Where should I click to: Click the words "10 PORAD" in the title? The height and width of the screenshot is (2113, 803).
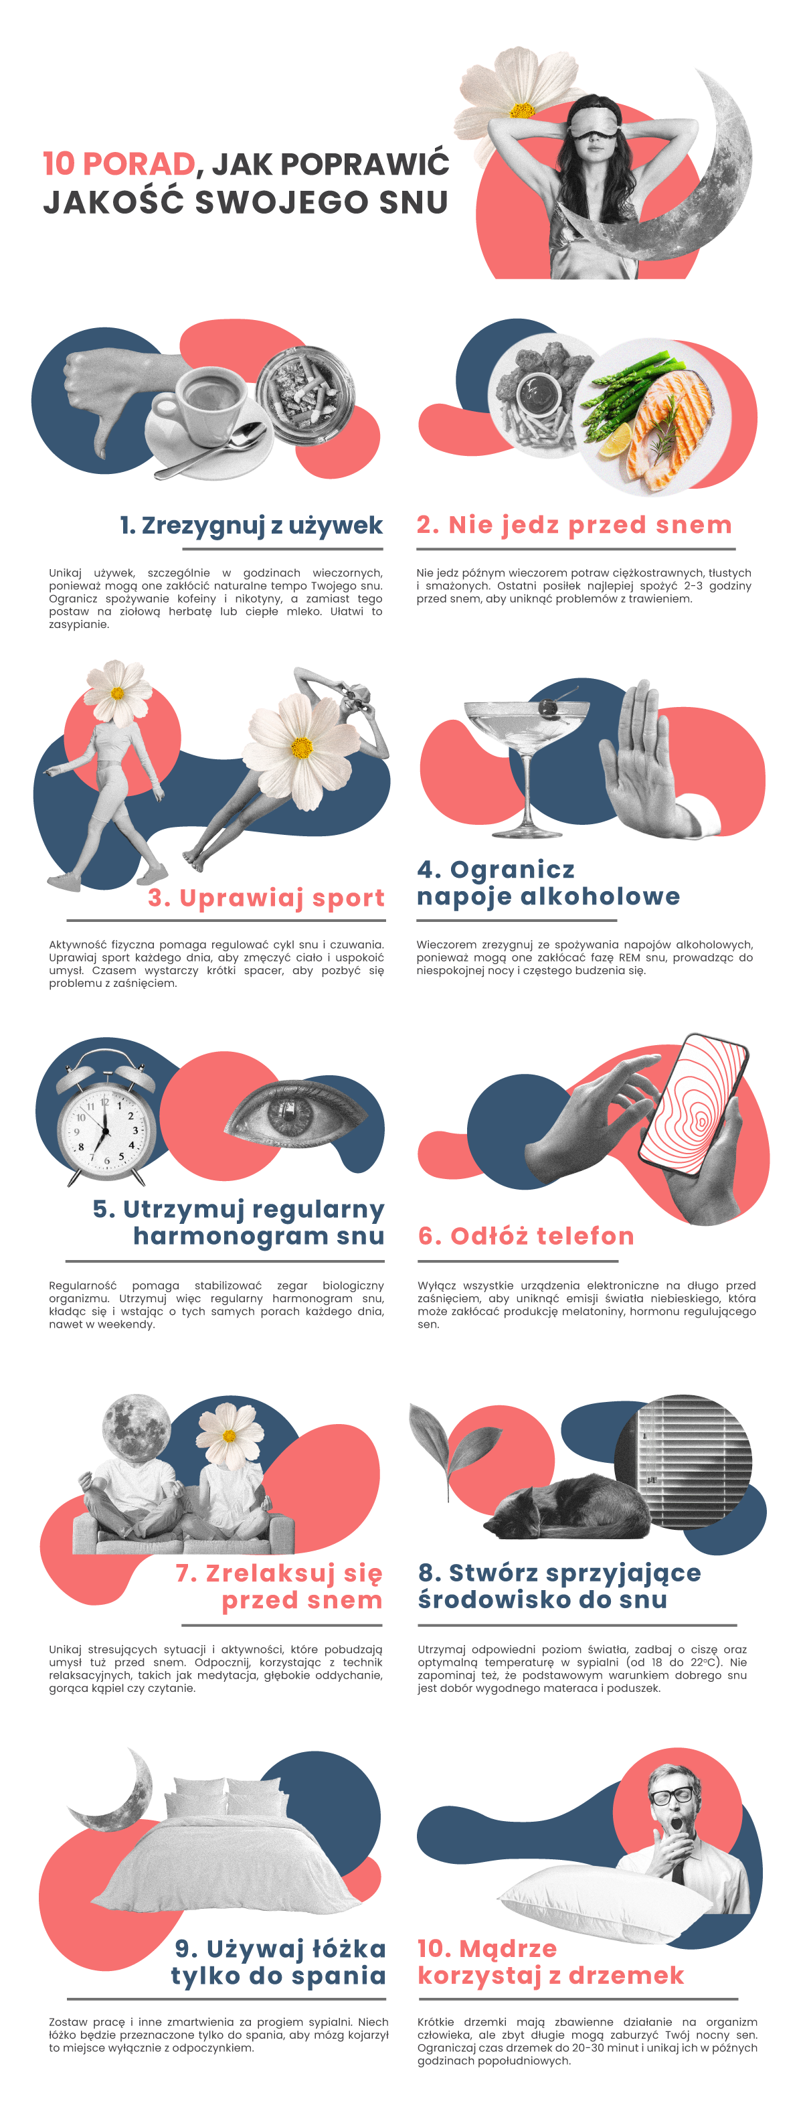[119, 163]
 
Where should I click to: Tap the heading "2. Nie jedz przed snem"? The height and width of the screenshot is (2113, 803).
[574, 524]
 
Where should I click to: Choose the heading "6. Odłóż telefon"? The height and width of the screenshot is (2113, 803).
[527, 1235]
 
